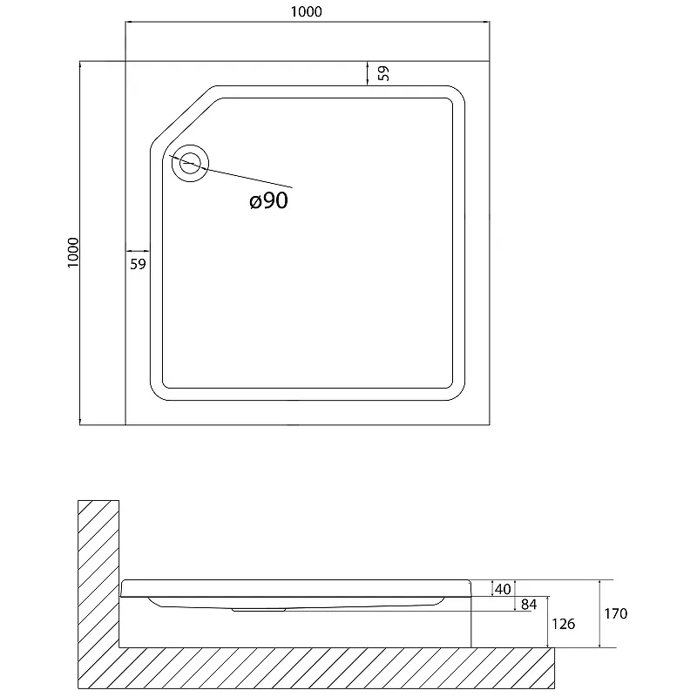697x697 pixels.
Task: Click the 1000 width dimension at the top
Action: (x=307, y=11)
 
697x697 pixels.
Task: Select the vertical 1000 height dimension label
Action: (x=73, y=253)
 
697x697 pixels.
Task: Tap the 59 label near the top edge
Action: (x=384, y=73)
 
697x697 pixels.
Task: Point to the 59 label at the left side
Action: (x=138, y=264)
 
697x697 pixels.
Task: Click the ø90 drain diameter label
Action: (x=269, y=200)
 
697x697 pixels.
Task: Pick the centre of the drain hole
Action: (x=190, y=163)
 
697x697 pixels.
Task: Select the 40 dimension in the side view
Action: (x=503, y=589)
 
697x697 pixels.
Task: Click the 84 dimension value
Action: (x=529, y=605)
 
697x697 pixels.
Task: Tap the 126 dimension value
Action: (x=563, y=624)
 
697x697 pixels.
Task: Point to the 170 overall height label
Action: (x=616, y=614)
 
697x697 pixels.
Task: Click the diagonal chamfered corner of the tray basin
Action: (x=183, y=115)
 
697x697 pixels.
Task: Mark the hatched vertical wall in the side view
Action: (x=98, y=573)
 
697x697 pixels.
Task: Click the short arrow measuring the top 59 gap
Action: (x=367, y=73)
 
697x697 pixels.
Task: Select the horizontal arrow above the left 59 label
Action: (x=138, y=251)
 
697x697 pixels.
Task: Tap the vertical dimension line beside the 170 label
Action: (x=599, y=613)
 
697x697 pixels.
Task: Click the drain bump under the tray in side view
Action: (x=258, y=610)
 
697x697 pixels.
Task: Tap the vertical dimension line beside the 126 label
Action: (x=548, y=622)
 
